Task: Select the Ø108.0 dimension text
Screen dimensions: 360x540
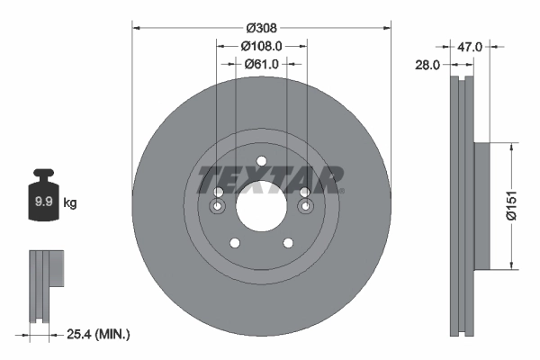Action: coord(262,45)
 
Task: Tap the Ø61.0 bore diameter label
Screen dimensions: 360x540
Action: coord(262,64)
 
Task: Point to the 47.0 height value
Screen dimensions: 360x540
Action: coord(473,45)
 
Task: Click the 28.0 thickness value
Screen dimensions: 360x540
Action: coord(427,65)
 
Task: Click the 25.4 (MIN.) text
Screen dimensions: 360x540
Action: coord(98,335)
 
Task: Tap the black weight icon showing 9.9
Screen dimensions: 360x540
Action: coord(42,200)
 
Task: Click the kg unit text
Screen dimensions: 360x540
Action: coord(70,203)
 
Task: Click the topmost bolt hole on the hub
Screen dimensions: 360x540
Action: coord(261,162)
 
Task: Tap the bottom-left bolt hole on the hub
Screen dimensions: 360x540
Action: coord(235,243)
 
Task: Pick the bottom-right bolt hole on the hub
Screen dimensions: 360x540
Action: coord(288,243)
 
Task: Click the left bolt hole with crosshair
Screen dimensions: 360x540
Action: coord(219,208)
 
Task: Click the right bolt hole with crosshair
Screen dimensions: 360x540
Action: coord(304,208)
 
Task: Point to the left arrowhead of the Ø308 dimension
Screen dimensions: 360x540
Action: coord(137,27)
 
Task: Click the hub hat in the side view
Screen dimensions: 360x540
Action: coord(481,205)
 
